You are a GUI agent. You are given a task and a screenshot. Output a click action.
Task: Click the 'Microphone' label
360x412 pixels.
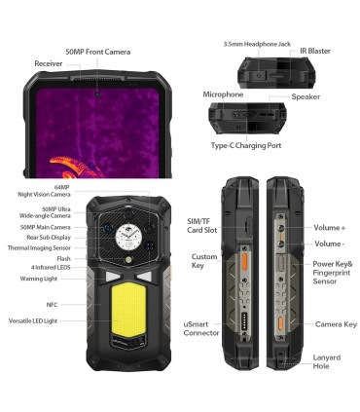223,94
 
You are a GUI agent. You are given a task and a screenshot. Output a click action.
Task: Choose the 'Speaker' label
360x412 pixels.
306,96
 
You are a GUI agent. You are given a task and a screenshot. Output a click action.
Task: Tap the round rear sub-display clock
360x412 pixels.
126,236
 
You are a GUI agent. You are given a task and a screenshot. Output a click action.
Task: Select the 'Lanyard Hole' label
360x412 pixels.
327,361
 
